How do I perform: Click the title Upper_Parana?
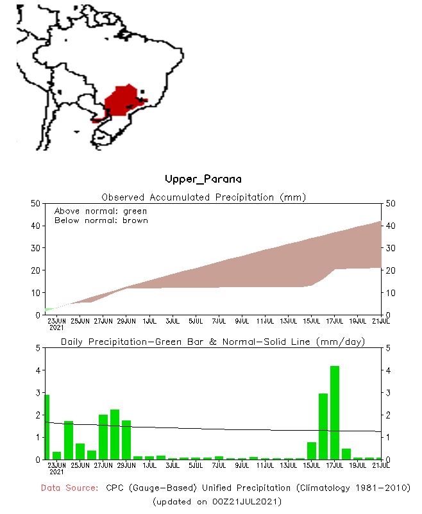coord(203,179)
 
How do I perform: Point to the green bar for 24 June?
coord(56,455)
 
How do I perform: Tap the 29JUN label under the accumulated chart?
coord(126,320)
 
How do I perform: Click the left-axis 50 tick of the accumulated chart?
coord(36,203)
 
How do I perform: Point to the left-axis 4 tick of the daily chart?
coord(38,370)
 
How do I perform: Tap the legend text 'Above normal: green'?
coord(101,211)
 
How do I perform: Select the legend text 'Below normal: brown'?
coord(101,220)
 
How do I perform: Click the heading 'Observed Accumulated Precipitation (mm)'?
coord(204,197)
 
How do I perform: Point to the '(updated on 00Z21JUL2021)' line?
coord(217,501)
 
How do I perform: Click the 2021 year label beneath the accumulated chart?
coord(57,327)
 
